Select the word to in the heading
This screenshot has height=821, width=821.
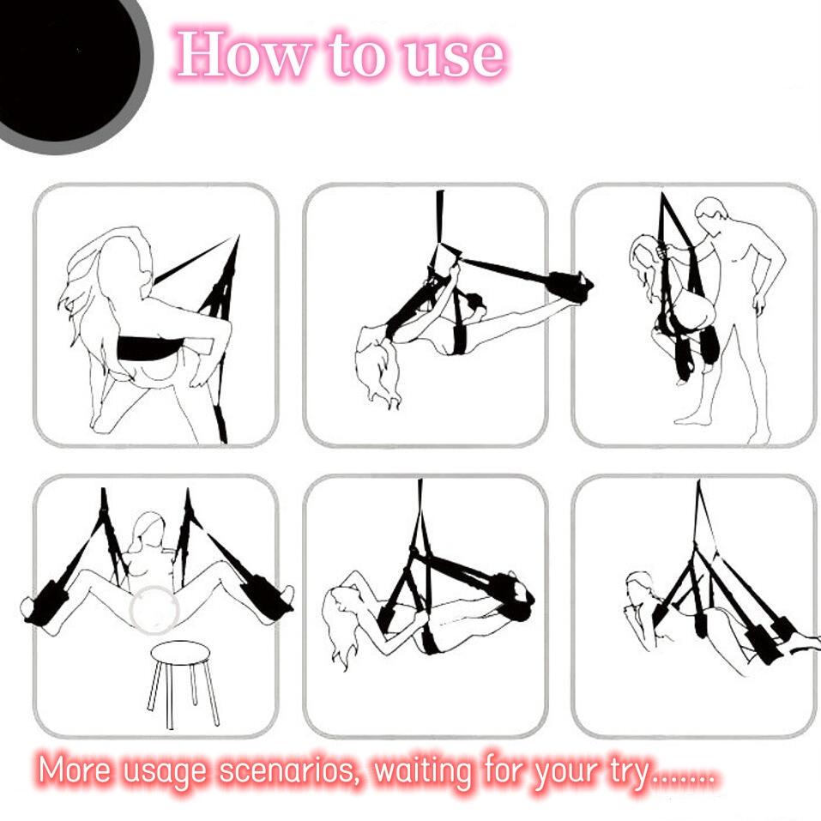[x=354, y=55]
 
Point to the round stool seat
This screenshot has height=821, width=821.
[x=180, y=651]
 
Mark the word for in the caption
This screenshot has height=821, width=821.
[x=505, y=770]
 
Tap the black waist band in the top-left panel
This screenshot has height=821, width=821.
[x=150, y=347]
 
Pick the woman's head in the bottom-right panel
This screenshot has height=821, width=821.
[x=639, y=591]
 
